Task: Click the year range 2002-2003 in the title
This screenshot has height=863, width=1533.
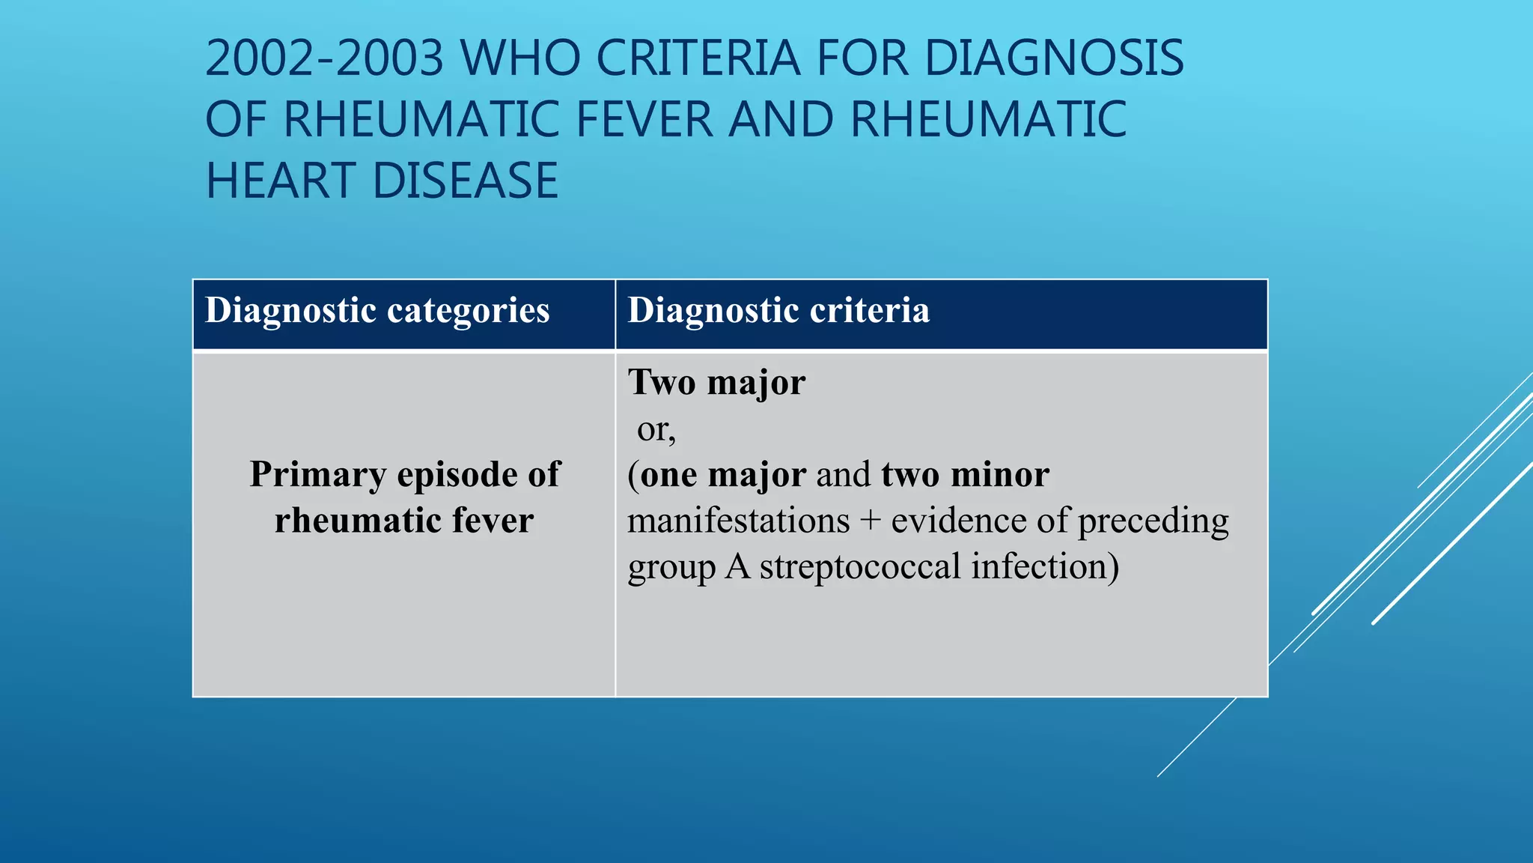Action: pos(324,58)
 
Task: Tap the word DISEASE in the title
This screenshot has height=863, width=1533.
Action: pos(465,181)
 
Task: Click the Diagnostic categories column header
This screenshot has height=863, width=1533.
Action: pos(377,311)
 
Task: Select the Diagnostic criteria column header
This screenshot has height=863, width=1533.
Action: pos(778,311)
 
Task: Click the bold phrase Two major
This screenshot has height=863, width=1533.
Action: pos(716,383)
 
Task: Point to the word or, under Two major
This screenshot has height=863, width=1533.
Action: pos(656,429)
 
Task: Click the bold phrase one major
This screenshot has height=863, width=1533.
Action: pos(723,475)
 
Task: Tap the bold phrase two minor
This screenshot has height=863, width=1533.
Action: pos(965,475)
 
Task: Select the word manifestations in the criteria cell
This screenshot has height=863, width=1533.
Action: pos(738,521)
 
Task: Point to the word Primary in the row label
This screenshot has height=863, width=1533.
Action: pos(318,475)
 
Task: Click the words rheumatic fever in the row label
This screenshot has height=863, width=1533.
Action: pos(404,521)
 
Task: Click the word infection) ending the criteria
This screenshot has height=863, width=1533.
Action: pos(1045,566)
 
